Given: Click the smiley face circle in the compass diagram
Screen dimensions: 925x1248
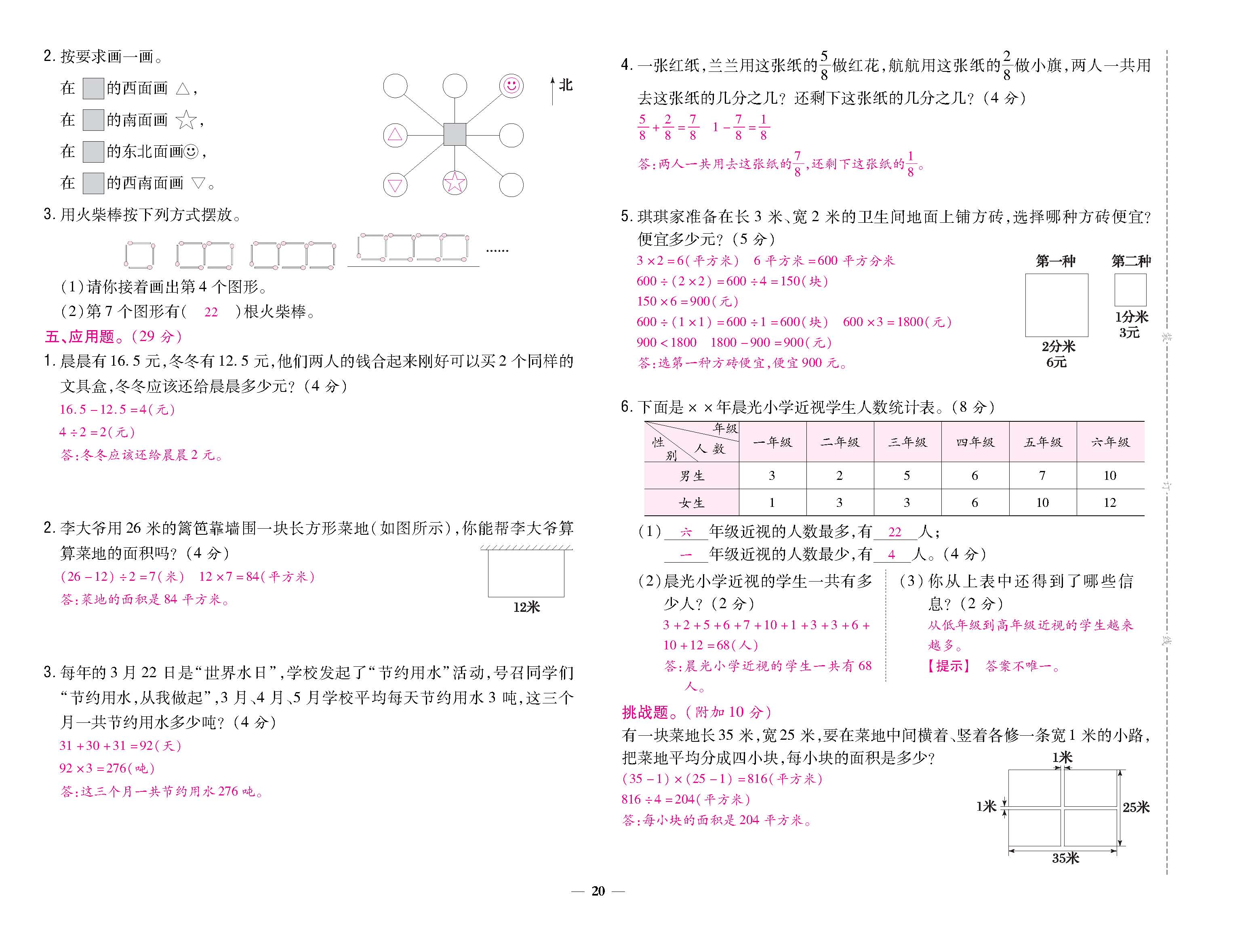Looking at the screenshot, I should [x=511, y=86].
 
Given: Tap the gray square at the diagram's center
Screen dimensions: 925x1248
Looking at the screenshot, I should [x=455, y=134].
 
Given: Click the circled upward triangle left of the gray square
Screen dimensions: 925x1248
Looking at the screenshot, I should [x=395, y=134].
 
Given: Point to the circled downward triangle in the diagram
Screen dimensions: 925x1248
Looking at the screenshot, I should [x=395, y=185].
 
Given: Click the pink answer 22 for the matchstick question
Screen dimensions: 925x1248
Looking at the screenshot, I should [x=211, y=312].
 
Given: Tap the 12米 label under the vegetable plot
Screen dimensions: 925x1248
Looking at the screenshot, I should [x=526, y=607].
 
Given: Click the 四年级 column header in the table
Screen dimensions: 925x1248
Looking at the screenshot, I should [x=975, y=442].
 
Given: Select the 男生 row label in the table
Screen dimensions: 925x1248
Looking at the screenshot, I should [x=692, y=476].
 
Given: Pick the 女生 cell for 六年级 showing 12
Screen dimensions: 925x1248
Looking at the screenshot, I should [x=1109, y=503].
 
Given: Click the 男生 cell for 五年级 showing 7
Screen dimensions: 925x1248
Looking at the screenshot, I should [x=1042, y=476].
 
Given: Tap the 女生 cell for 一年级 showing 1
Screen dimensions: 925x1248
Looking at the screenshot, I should [x=772, y=503].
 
